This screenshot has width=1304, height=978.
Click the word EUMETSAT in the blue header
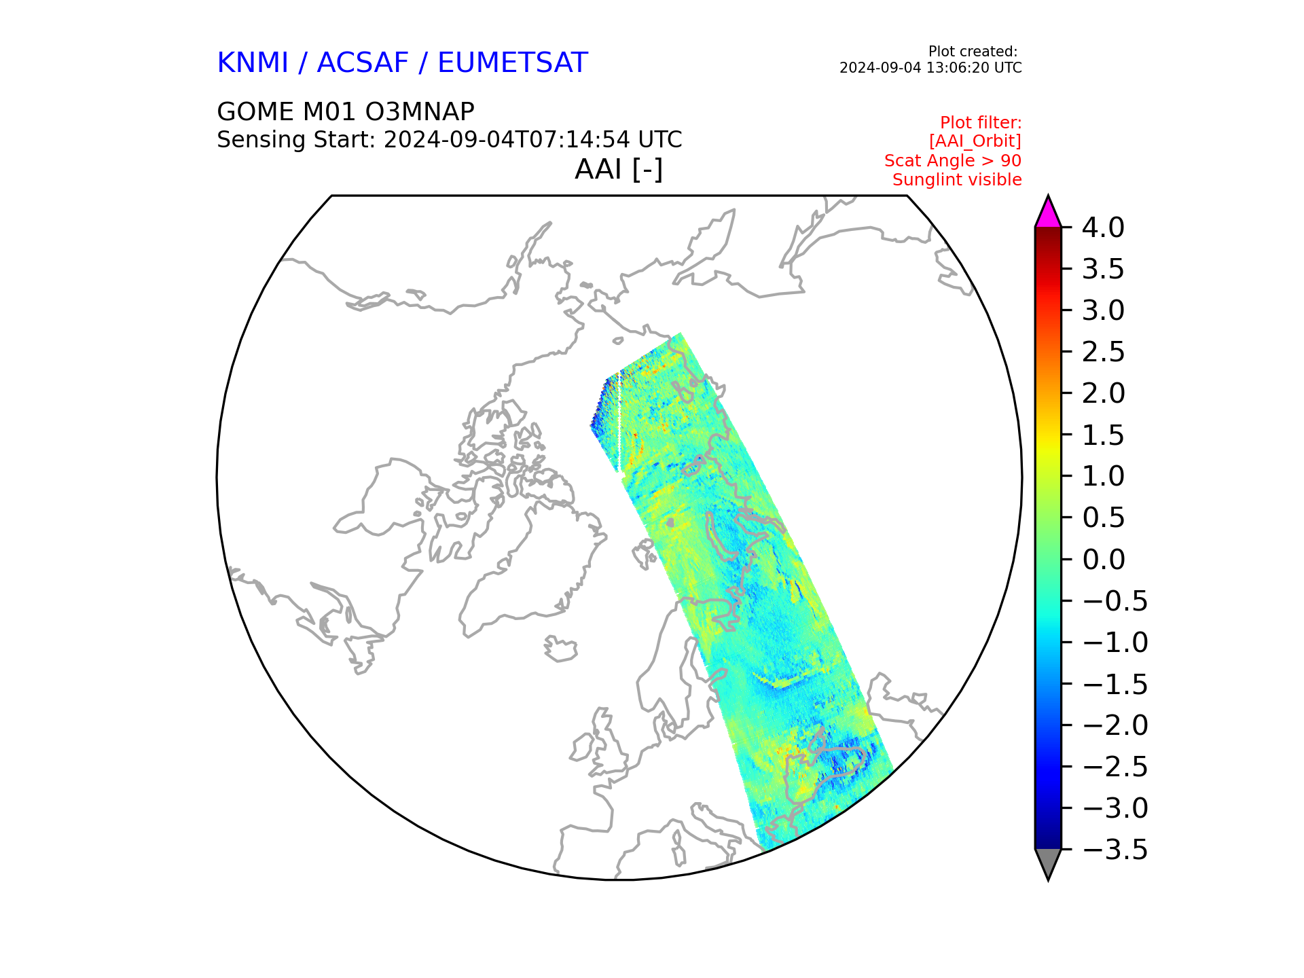click(513, 63)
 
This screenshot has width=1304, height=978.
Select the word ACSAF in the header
click(363, 63)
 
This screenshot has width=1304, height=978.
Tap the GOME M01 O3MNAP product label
click(346, 111)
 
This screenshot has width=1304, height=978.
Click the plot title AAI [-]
click(619, 169)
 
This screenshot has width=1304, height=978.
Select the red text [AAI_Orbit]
click(975, 141)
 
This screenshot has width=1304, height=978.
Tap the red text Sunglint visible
click(957, 180)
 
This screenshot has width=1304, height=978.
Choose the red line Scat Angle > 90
click(953, 161)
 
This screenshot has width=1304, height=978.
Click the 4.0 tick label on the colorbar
click(1103, 228)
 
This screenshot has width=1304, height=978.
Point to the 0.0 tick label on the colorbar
click(1103, 560)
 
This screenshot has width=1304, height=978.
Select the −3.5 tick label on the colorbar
click(1115, 850)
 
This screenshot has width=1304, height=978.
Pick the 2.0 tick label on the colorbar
click(1103, 393)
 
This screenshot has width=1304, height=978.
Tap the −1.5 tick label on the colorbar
click(1115, 684)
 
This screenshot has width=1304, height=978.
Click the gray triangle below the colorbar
click(1048, 863)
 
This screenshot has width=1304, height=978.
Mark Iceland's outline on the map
click(560, 649)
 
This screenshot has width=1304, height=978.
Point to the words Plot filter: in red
click(981, 123)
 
